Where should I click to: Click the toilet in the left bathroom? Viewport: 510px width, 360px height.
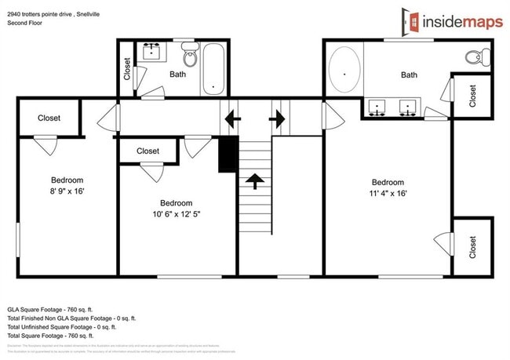[189, 57]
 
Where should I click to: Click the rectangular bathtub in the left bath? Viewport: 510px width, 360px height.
[214, 70]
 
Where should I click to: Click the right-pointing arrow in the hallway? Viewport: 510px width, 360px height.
[276, 119]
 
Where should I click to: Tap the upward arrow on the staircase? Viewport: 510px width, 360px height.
[255, 182]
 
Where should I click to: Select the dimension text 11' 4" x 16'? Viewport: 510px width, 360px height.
[388, 193]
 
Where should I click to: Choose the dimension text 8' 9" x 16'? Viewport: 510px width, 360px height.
[67, 190]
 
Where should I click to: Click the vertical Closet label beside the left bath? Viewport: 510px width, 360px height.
[127, 69]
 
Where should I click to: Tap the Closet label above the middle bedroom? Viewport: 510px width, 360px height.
[148, 151]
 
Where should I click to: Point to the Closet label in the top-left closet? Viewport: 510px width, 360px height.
[49, 118]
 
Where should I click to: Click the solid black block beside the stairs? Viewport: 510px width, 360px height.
[228, 154]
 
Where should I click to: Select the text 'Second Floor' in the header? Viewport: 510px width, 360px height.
[26, 24]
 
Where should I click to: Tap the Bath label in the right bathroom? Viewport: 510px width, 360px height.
[409, 75]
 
